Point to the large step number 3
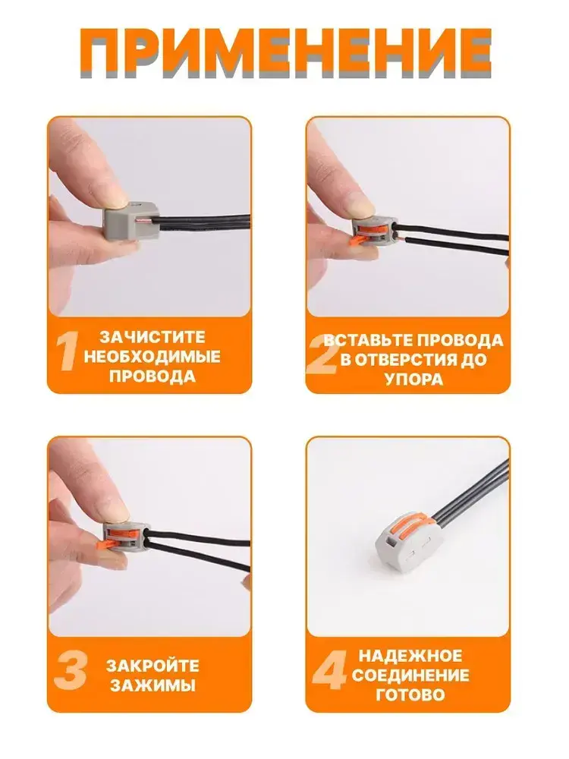pyautogui.click(x=71, y=673)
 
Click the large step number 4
pyautogui.click(x=329, y=672)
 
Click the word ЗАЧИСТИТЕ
pyautogui.click(x=152, y=337)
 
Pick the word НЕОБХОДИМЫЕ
pyautogui.click(x=152, y=357)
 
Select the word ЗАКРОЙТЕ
pyautogui.click(x=153, y=666)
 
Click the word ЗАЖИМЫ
pyautogui.click(x=153, y=685)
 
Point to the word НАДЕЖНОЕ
pyautogui.click(x=410, y=656)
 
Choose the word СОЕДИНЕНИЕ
pyautogui.click(x=410, y=676)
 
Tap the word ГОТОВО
pyautogui.click(x=410, y=695)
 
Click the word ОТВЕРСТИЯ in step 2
pyautogui.click(x=407, y=360)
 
